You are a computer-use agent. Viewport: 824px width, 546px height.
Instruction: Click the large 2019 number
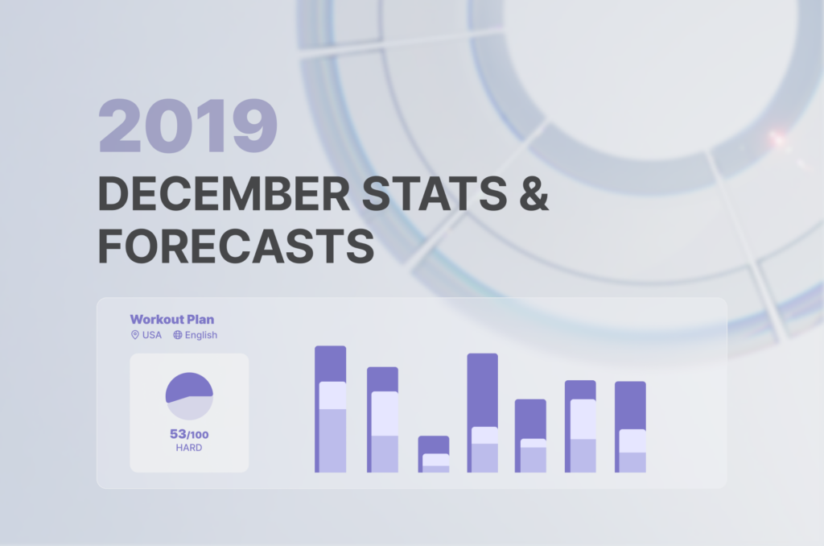tap(187, 126)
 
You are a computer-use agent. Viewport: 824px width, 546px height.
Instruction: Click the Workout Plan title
tap(172, 320)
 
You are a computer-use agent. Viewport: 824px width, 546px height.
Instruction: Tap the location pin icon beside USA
tap(135, 335)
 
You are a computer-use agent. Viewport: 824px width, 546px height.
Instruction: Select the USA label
tap(152, 335)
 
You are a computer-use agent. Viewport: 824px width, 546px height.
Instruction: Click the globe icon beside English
tap(178, 335)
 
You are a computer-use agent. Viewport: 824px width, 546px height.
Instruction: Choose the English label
tap(201, 335)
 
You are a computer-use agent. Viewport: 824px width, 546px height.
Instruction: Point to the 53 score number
tap(178, 434)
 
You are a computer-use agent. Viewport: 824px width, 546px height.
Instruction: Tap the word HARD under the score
tap(189, 447)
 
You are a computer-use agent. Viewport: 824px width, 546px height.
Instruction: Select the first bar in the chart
tap(330, 409)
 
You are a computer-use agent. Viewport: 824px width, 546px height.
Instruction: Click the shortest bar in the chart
tap(434, 454)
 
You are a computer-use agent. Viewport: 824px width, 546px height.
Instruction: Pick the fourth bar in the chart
tap(482, 412)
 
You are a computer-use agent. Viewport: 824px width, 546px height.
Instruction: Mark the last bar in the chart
tap(630, 427)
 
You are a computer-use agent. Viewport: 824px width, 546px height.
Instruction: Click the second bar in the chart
tap(382, 420)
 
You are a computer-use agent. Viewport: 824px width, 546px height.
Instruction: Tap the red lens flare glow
tap(777, 139)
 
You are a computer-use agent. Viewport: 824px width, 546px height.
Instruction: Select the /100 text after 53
tap(199, 435)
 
